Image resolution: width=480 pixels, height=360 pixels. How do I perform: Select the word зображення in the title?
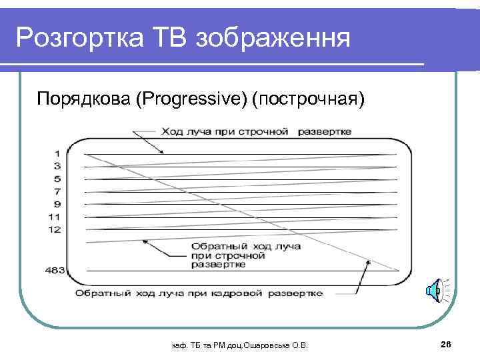[x=273, y=38]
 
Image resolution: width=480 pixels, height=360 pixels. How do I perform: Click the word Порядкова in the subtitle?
[x=83, y=99]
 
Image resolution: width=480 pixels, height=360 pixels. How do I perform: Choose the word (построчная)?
[x=307, y=99]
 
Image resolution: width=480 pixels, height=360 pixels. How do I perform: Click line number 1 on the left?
[x=57, y=154]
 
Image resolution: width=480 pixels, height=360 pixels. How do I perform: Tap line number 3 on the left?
[x=57, y=166]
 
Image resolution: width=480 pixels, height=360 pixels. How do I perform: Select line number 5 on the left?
[x=57, y=179]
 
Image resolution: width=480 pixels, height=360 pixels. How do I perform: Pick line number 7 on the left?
[x=57, y=191]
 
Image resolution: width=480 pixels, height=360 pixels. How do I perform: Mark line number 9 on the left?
[x=57, y=204]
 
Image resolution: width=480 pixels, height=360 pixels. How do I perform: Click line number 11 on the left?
[x=55, y=217]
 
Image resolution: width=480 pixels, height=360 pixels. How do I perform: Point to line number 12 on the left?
[x=55, y=229]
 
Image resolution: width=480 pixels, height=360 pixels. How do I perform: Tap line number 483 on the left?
[x=55, y=270]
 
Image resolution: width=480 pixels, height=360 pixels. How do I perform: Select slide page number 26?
[x=446, y=343]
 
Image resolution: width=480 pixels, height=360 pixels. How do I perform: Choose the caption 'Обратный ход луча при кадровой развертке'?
[x=199, y=293]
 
